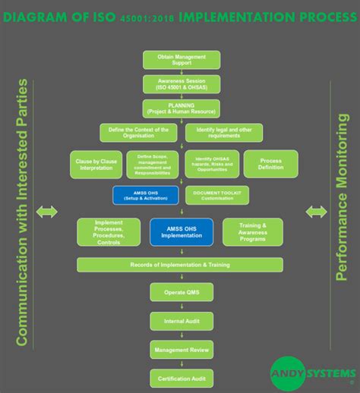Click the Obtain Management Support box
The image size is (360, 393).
181,60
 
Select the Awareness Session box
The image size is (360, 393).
181,83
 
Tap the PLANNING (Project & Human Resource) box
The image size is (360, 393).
181,108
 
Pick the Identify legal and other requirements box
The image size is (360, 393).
223,133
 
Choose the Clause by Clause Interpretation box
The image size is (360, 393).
96,165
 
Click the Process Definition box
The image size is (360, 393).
271,165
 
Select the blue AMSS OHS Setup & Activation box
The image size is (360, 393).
145,195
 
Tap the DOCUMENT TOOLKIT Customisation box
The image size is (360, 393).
216,195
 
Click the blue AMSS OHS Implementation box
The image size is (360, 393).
181,231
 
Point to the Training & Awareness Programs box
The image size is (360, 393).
252,231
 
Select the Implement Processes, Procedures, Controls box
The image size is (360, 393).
109,231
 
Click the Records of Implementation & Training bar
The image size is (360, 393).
180,264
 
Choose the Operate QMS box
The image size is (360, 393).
181,293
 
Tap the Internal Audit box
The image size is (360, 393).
181,321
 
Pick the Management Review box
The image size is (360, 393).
181,350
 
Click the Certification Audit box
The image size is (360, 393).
181,378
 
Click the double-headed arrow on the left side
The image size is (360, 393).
47,212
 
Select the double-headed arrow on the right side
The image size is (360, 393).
316,212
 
